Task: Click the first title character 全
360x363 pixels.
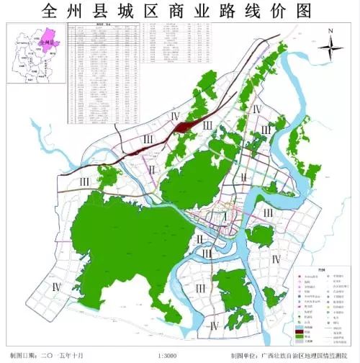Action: click(x=52, y=12)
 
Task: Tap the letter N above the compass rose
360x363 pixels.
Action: click(x=329, y=31)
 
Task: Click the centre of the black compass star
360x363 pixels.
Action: click(x=329, y=50)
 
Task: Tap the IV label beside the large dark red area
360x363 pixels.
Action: click(x=174, y=117)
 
